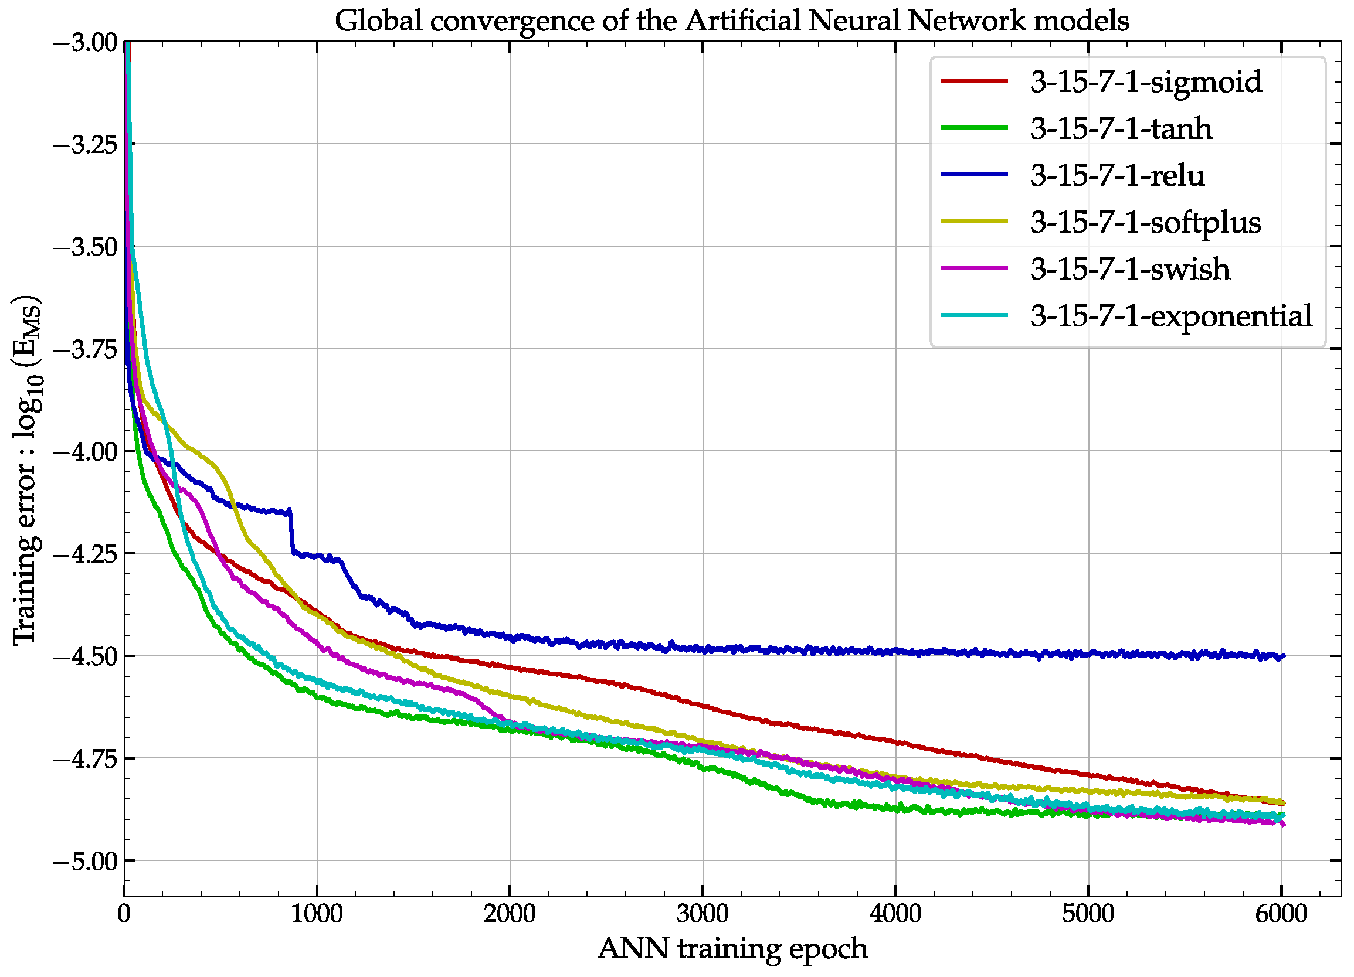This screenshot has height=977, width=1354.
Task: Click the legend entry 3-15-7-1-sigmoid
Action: point(1146,82)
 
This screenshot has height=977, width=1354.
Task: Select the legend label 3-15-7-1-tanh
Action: point(1121,129)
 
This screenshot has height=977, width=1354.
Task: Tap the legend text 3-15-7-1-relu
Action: point(1117,175)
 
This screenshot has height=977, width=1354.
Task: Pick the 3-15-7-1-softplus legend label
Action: point(1145,223)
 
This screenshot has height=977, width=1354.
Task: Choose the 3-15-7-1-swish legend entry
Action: point(1129,269)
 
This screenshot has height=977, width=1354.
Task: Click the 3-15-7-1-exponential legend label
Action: point(1170,316)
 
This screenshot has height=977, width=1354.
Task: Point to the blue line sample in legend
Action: point(975,175)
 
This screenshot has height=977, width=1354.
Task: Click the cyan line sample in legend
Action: point(975,316)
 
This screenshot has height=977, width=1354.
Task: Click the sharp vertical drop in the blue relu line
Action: point(292,532)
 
